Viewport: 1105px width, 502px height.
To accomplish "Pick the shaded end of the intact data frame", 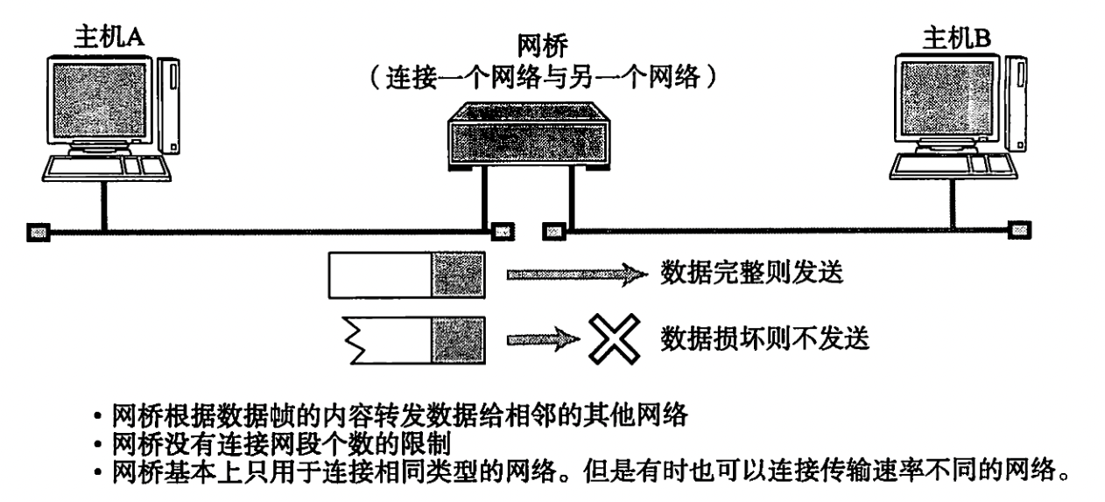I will click(458, 275).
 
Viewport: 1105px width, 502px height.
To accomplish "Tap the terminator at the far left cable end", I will click(37, 232).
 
